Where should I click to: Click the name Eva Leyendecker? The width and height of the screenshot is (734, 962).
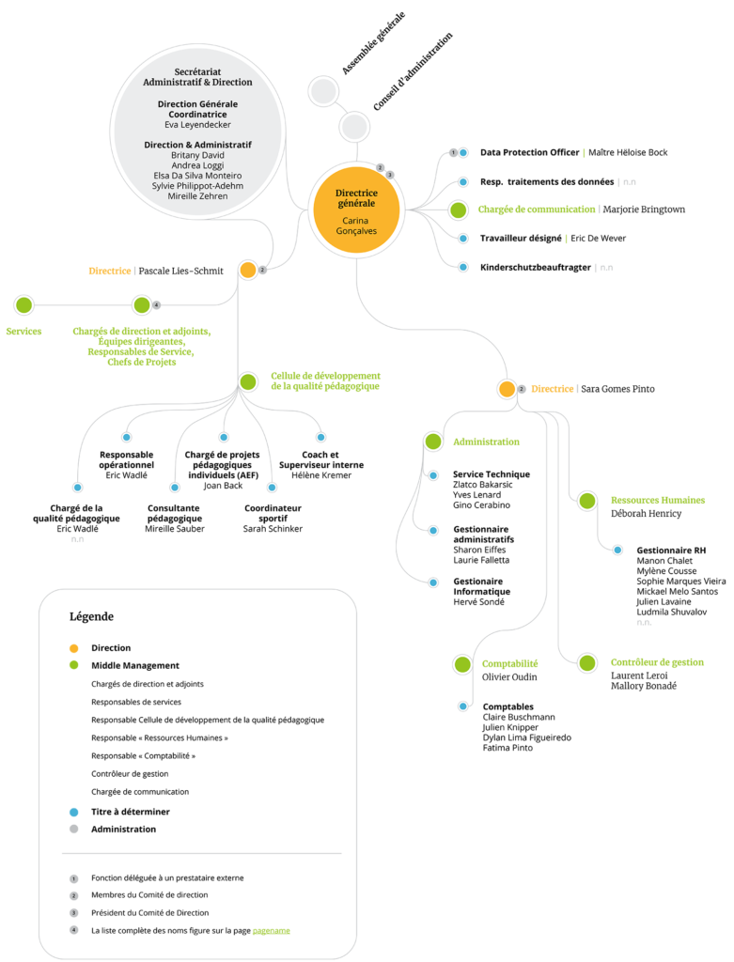(x=197, y=124)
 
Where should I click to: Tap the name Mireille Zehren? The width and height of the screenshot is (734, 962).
(x=197, y=196)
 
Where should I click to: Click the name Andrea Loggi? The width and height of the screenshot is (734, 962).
(x=197, y=165)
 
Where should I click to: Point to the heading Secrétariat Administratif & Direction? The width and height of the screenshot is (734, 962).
(x=197, y=77)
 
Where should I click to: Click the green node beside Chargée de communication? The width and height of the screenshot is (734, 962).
(x=458, y=209)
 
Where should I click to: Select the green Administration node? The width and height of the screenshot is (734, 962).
(x=433, y=441)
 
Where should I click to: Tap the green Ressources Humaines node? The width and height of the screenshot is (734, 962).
(x=587, y=501)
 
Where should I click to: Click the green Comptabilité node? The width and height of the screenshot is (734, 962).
(x=462, y=664)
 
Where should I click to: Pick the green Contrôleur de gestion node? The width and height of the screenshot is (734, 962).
(x=587, y=663)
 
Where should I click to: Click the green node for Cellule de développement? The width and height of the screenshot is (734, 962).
(x=248, y=381)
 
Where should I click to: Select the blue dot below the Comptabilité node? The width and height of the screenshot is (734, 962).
(x=462, y=706)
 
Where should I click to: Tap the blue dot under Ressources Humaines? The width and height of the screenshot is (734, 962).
(x=617, y=550)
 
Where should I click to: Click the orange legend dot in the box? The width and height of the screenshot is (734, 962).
(x=74, y=648)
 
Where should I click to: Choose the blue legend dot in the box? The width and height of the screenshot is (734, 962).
(x=74, y=812)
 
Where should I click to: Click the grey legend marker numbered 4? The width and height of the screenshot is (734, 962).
(x=74, y=930)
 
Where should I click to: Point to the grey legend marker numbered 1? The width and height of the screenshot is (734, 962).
(x=74, y=879)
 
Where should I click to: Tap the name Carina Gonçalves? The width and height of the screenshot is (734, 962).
(x=356, y=225)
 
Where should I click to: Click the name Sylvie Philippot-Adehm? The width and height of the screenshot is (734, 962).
(x=197, y=186)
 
